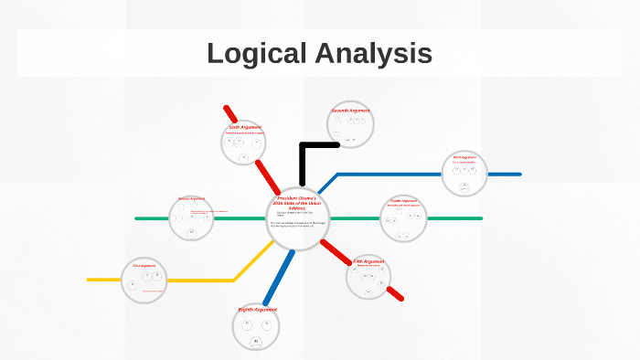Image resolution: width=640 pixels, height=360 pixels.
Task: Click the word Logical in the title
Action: tap(255, 53)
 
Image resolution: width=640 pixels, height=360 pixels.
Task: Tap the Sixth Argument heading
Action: tap(244, 127)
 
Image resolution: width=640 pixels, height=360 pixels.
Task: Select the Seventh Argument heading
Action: tap(350, 111)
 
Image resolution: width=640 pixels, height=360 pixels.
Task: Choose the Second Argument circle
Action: tap(192, 218)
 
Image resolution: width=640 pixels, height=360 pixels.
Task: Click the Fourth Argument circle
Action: tap(403, 218)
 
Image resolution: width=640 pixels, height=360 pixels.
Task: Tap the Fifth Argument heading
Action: tap(369, 261)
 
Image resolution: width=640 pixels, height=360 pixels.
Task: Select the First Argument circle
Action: tap(145, 280)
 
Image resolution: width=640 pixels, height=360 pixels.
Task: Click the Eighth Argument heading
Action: tap(257, 310)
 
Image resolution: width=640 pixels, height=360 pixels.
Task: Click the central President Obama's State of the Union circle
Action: tap(298, 219)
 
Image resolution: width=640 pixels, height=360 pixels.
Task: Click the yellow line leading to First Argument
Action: tap(201, 280)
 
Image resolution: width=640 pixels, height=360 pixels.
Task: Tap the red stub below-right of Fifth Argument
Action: tap(395, 293)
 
